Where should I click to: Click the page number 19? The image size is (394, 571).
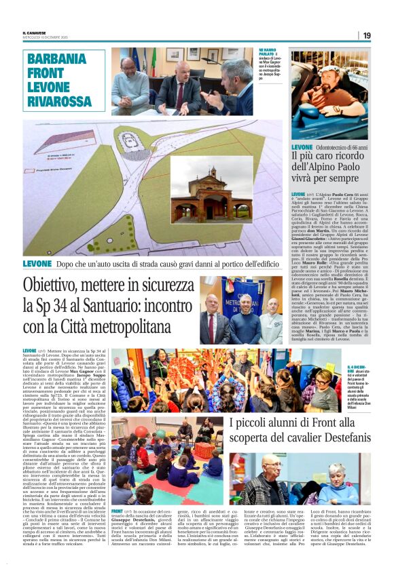tap(367, 35)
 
